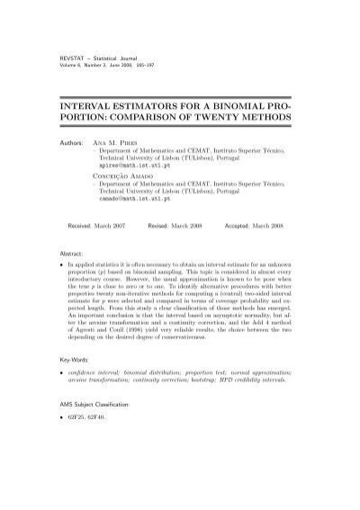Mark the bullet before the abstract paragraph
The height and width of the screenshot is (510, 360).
[x=58, y=269]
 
